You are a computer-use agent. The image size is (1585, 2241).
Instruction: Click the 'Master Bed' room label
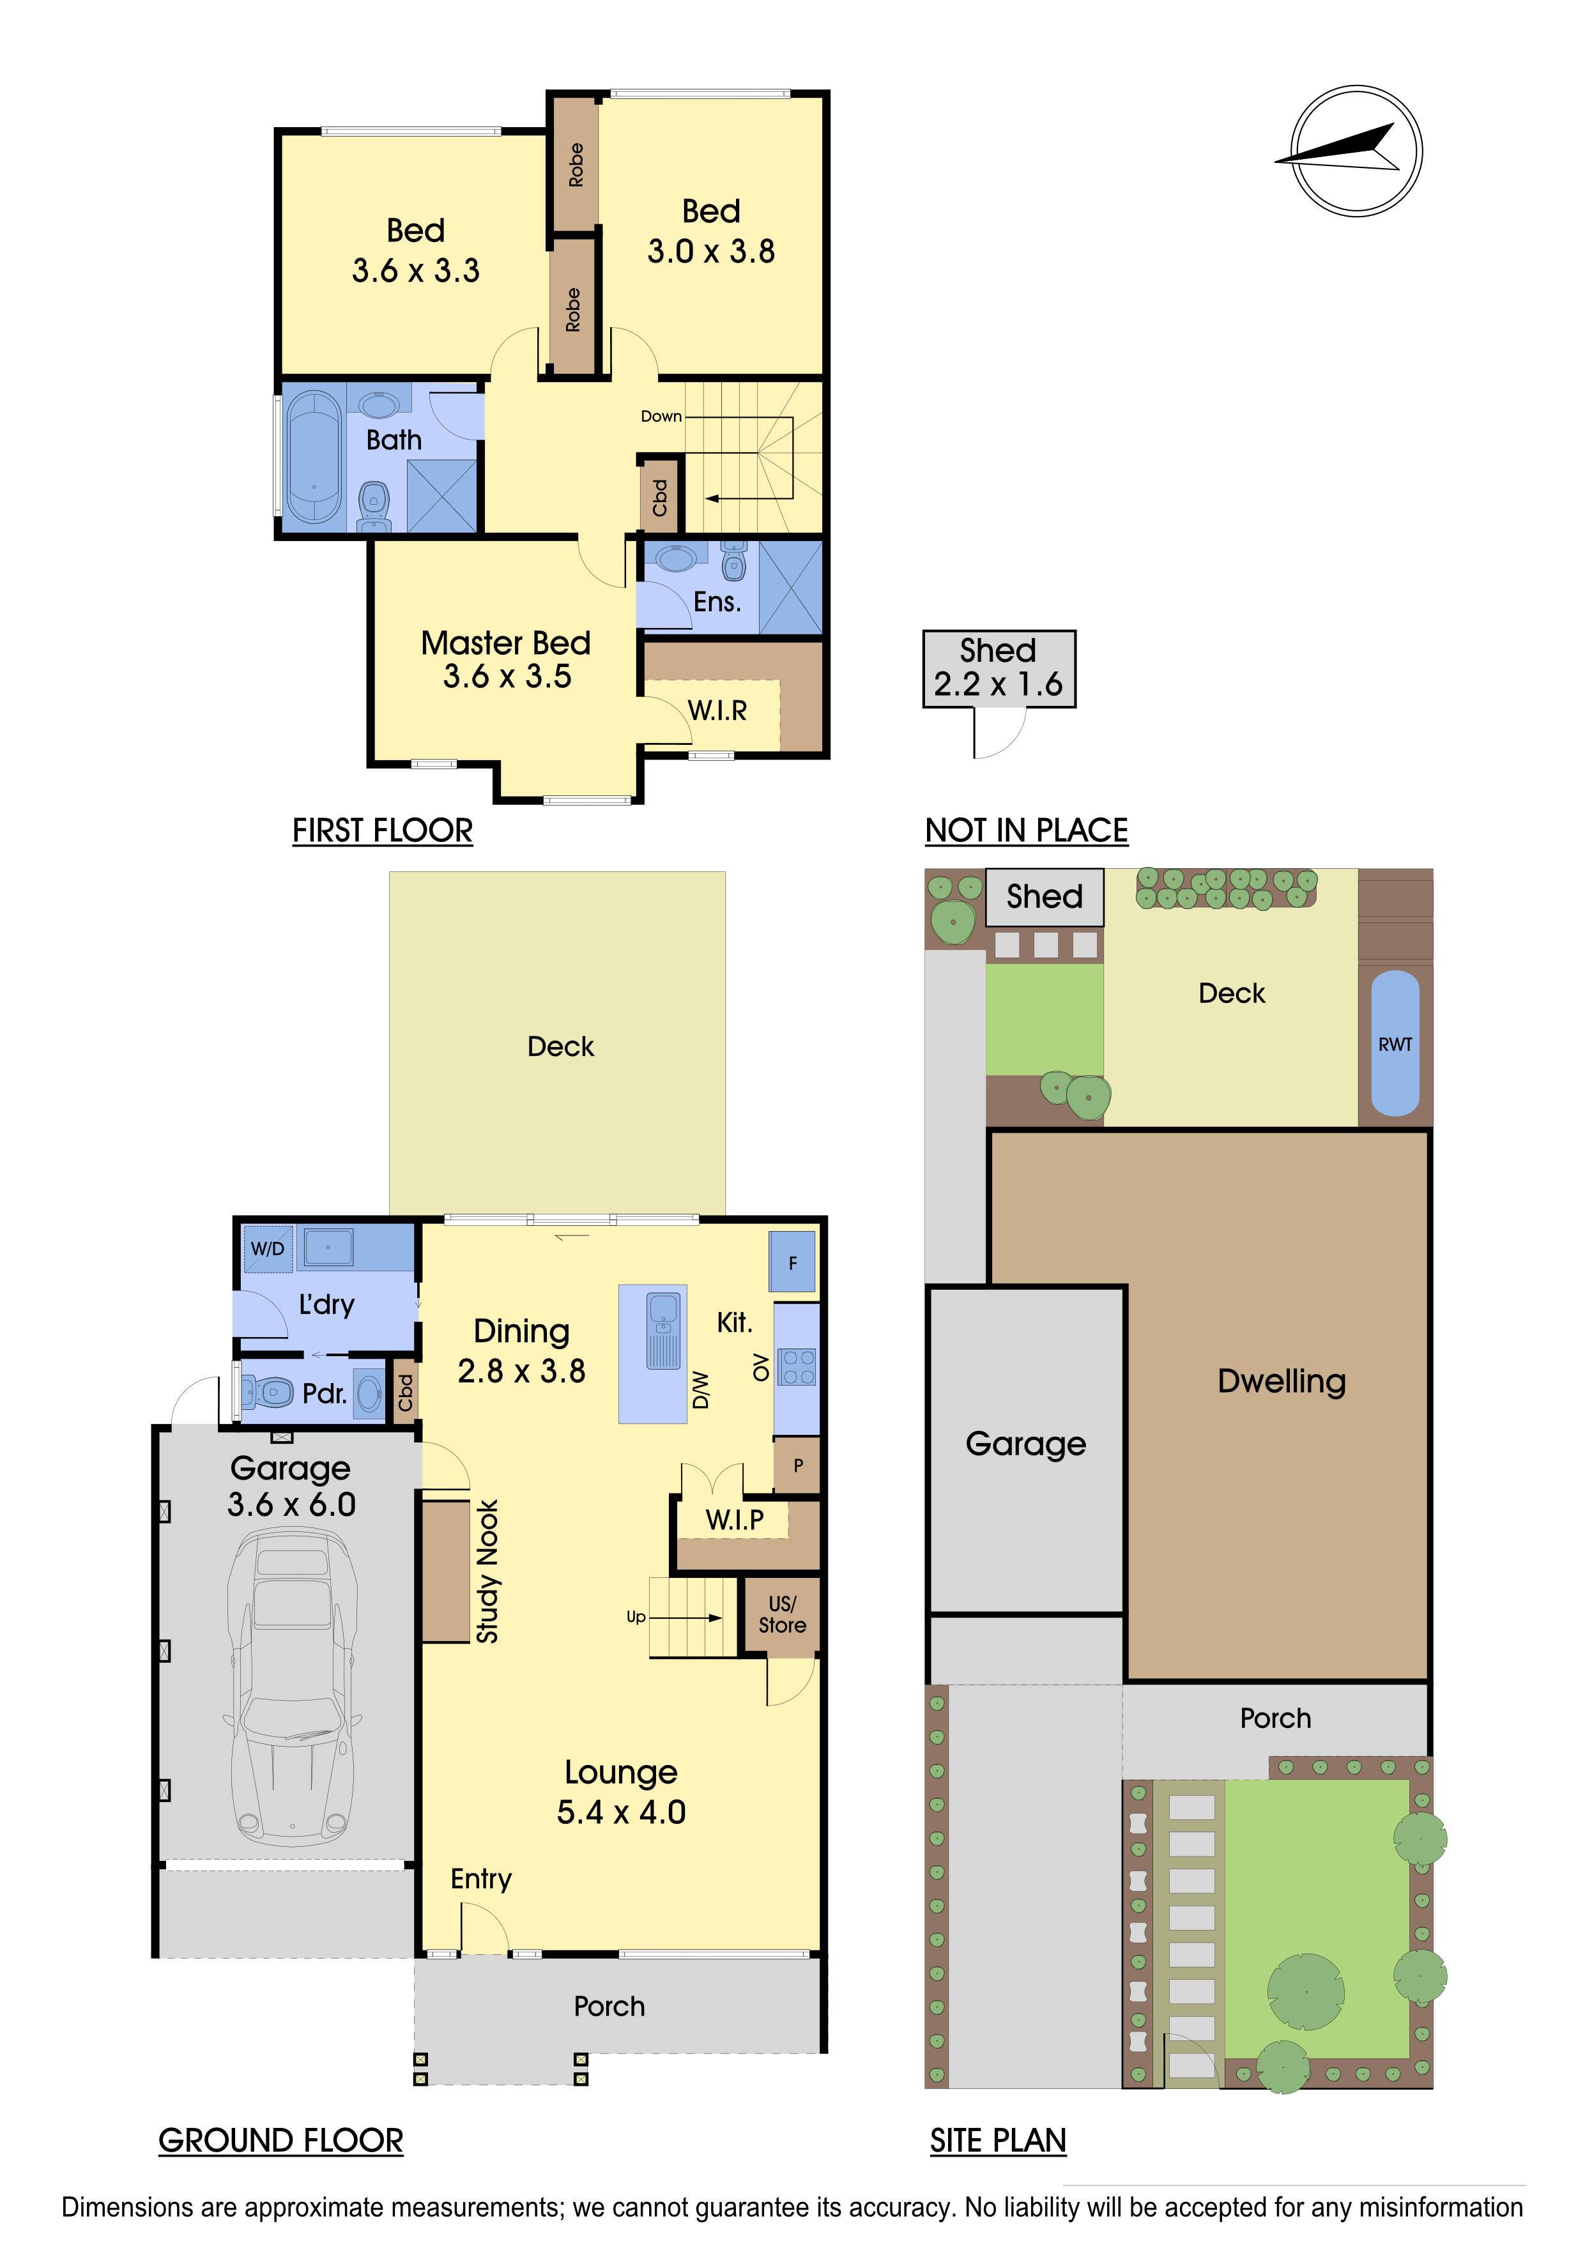tap(505, 643)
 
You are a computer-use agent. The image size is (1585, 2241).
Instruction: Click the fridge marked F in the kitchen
tap(792, 1263)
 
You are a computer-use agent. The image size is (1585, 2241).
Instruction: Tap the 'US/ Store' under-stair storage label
tap(783, 1616)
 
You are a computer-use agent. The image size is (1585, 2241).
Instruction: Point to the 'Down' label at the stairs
tap(661, 416)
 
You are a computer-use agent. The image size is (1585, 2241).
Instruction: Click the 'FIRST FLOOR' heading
tap(383, 830)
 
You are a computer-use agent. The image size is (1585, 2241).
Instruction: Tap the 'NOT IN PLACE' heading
tap(1027, 830)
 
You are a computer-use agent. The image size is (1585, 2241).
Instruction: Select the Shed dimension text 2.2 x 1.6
tap(999, 684)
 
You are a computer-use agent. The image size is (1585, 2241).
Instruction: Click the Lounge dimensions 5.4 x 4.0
tap(622, 1812)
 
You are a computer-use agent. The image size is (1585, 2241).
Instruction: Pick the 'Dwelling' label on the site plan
tap(1282, 1381)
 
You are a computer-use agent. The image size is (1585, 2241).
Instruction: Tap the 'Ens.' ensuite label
tap(717, 602)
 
